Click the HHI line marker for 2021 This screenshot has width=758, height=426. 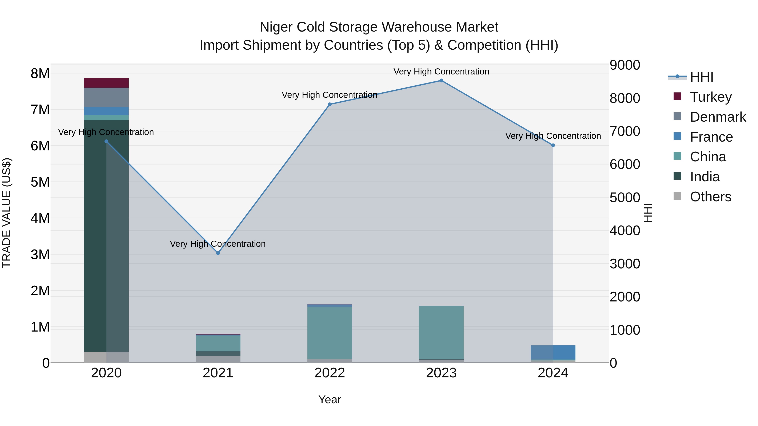click(x=218, y=253)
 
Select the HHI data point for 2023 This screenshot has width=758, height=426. click(x=441, y=81)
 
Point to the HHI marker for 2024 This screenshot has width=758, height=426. click(x=553, y=145)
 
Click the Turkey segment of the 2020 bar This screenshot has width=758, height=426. click(x=106, y=83)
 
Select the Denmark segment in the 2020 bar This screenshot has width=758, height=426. click(x=106, y=97)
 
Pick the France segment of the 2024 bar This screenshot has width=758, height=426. click(x=553, y=352)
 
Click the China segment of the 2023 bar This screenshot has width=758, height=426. click(x=441, y=332)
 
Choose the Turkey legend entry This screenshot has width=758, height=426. click(x=711, y=97)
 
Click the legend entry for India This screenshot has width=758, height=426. click(x=705, y=177)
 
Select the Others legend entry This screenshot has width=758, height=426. click(x=710, y=197)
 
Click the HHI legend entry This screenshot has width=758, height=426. click(x=702, y=77)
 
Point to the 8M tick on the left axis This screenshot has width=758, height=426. click(x=40, y=73)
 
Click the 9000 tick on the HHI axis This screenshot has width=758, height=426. click(x=625, y=65)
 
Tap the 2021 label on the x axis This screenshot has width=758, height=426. click(x=218, y=373)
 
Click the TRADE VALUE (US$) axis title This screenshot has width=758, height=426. click(x=7, y=213)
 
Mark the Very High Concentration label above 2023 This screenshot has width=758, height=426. click(x=441, y=72)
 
